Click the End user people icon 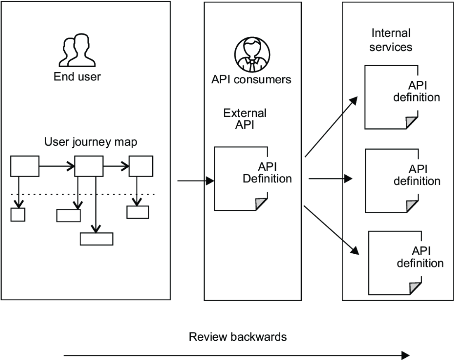[77, 50]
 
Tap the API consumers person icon [252, 54]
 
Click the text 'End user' [77, 77]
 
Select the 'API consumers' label [251, 80]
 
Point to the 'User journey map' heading [91, 142]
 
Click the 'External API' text [245, 119]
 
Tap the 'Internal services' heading [391, 40]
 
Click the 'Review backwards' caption [238, 337]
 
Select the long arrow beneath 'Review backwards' [236, 355]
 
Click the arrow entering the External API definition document [196, 181]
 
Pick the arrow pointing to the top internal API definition [331, 127]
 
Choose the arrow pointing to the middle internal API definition [330, 179]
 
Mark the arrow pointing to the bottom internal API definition [331, 230]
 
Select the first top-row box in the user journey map [25, 166]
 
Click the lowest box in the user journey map [97, 239]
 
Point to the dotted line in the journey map [83, 194]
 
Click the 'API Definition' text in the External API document [267, 173]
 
